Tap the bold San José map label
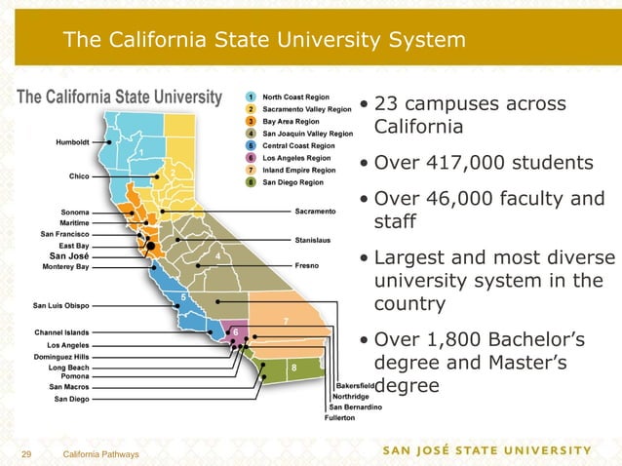pos(70,255)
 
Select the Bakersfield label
pos(355,386)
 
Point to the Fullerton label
pos(341,418)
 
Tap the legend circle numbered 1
pos(252,97)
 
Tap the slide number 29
pos(27,455)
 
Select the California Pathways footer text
pos(100,455)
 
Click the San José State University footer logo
pos(486,450)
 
